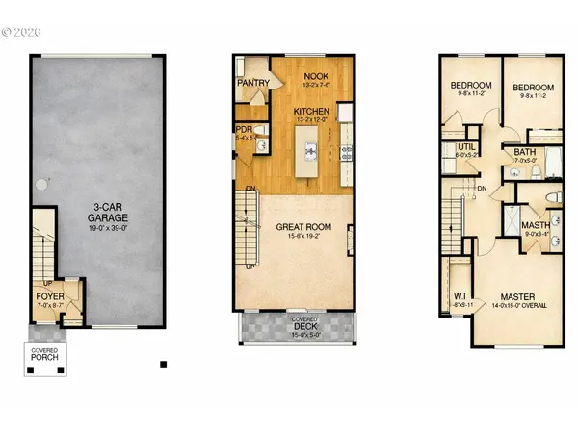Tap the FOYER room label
49,297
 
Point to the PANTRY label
250,84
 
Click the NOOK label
316,75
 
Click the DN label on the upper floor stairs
481,188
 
